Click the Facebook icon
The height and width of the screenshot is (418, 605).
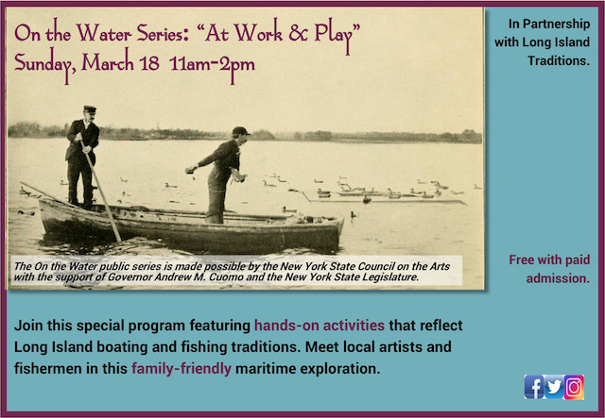[534, 386]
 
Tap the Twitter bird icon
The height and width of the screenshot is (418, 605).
[554, 386]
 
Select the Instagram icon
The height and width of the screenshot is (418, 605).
[574, 386]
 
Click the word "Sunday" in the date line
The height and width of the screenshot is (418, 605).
[45, 67]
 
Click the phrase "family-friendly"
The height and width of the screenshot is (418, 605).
[181, 368]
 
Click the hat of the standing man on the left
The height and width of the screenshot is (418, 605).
[90, 109]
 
